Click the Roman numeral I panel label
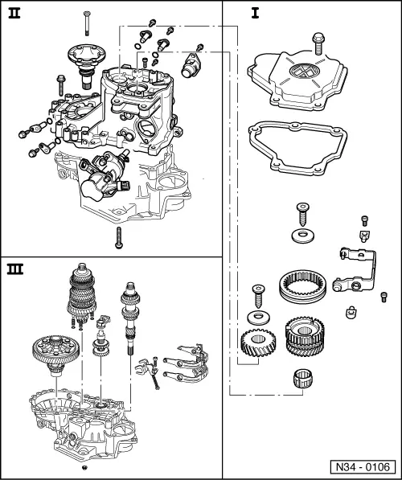pos(232,13)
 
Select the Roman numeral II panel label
pos(14,13)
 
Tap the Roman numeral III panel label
pos(15,267)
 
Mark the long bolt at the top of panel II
pos(85,23)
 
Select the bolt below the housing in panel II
pos(117,236)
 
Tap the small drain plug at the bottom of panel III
pos(84,466)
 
